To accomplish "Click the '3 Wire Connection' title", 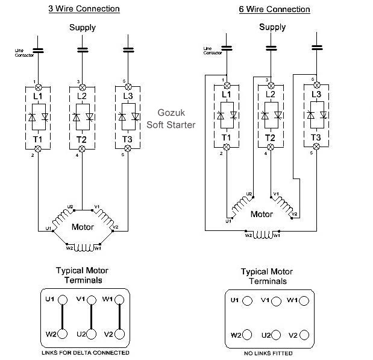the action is (84, 9).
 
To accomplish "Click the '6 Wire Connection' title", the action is (274, 9).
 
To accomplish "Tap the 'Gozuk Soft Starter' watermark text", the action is (171, 119).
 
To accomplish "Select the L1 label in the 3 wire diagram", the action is (37, 96).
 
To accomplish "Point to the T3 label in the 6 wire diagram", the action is (316, 137).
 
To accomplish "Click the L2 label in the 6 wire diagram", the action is (270, 94).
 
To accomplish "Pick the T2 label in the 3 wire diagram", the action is (81, 139).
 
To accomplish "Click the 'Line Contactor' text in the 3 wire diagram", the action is (24, 53).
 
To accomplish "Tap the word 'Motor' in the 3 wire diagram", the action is (83, 227).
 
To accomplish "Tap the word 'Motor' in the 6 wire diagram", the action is (262, 214).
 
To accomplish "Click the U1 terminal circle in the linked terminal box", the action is (63, 300).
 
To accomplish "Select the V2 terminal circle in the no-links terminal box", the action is (304, 335).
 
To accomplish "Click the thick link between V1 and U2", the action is (91, 317).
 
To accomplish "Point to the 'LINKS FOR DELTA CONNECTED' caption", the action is (86, 353).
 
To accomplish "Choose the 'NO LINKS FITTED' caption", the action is (268, 353).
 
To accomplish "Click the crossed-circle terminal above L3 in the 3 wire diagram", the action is (128, 87).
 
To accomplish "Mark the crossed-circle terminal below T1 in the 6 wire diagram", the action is (227, 147).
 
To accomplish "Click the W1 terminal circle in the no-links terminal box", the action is (304, 301).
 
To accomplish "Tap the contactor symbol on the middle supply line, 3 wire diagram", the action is (83, 50).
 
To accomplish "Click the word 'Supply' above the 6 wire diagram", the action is (272, 27).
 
